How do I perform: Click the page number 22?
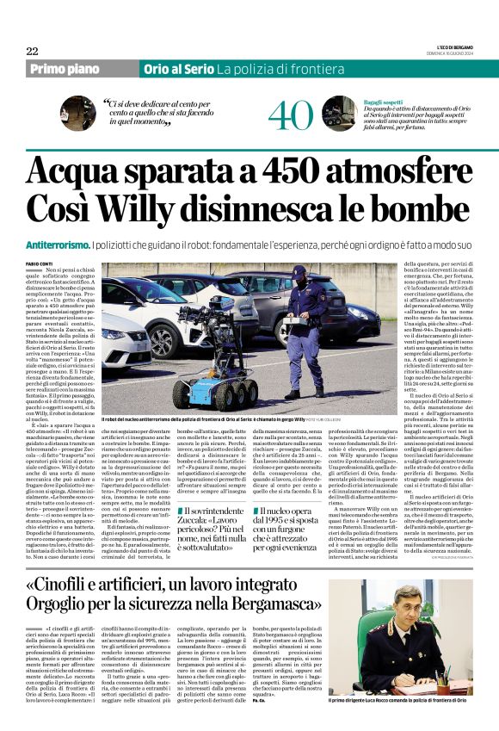pos(32,51)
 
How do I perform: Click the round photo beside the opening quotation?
pos(77,112)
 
